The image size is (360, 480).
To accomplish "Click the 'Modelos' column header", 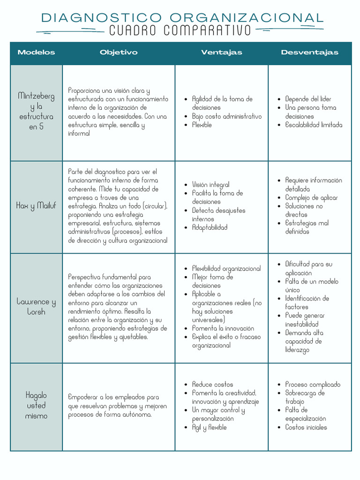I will click(36, 52).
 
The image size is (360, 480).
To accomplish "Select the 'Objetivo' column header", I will click(119, 52).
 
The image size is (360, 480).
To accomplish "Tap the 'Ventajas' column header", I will click(222, 52).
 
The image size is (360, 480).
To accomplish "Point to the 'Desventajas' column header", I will click(309, 52).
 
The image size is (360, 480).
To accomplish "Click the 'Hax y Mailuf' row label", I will click(36, 206).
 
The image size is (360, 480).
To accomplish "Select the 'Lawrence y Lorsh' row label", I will click(36, 307).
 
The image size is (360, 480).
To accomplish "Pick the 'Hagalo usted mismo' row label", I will click(36, 405).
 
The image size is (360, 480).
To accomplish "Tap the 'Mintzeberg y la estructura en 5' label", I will click(36, 111).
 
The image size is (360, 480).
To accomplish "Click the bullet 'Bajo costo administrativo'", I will click(227, 116).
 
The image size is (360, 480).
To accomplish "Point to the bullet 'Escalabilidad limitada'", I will click(314, 125).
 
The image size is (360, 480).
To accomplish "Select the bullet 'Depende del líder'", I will click(308, 99).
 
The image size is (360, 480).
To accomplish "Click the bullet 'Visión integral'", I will click(210, 185).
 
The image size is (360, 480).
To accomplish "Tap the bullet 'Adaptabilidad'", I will click(210, 227).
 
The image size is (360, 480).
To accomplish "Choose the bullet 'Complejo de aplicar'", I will click(311, 197).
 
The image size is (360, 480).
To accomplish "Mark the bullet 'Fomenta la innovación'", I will click(223, 328).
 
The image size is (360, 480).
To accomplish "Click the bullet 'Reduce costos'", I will click(212, 384).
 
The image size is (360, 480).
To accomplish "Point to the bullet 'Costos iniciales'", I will click(306, 427).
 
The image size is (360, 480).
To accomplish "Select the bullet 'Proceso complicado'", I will click(313, 384).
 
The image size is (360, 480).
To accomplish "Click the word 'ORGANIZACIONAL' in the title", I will click(247, 18).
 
